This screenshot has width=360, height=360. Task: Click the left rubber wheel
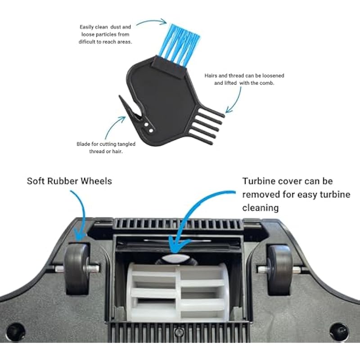click(76, 269)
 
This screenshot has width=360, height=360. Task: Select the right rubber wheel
click(280, 270)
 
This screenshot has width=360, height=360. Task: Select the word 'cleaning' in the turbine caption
click(261, 208)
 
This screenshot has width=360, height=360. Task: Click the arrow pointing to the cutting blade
click(112, 126)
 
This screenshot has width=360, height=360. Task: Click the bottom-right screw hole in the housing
click(339, 332)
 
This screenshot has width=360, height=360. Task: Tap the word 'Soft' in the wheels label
click(36, 181)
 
